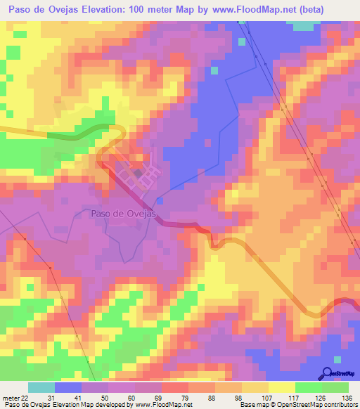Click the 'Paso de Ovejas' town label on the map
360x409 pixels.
click(122, 214)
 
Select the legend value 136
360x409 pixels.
click(347, 398)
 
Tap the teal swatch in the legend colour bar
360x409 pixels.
click(41, 387)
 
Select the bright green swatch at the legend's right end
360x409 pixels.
click(335, 387)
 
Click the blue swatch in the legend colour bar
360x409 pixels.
click(68, 387)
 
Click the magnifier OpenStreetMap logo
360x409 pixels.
click(326, 373)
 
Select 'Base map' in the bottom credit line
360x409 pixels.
click(252, 405)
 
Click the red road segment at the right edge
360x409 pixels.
click(349, 303)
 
